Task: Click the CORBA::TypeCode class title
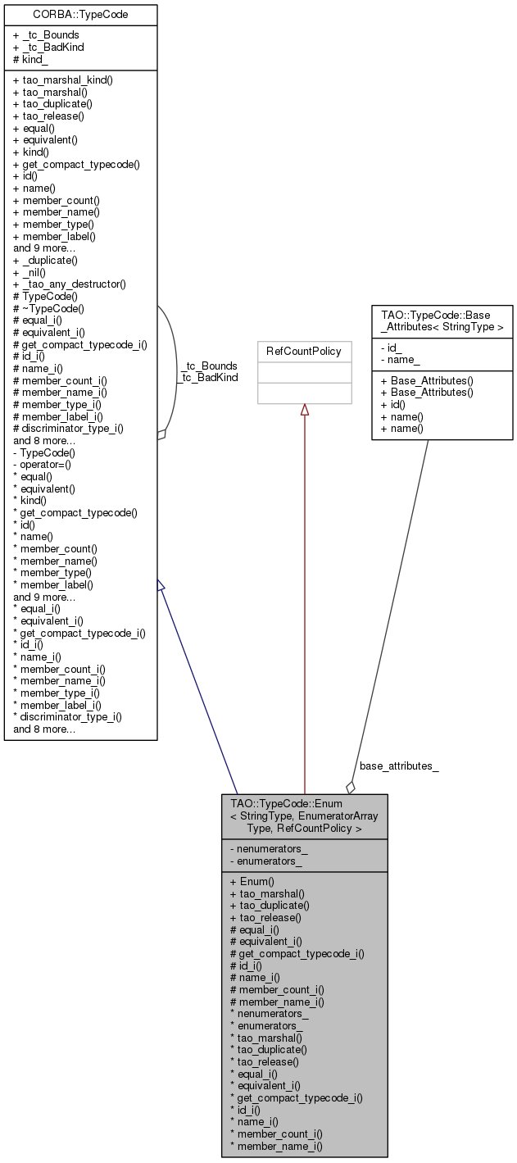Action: tap(80, 14)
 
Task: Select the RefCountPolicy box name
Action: tap(304, 351)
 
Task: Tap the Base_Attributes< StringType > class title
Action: tap(442, 320)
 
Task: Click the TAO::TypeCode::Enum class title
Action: tap(304, 815)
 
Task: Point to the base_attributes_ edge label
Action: tap(399, 766)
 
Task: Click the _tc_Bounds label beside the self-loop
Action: tap(209, 366)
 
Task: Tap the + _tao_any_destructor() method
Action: tap(70, 284)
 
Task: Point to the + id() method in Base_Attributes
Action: tap(393, 405)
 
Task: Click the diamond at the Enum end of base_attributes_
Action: tap(351, 787)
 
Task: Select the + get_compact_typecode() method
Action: tap(76, 164)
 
